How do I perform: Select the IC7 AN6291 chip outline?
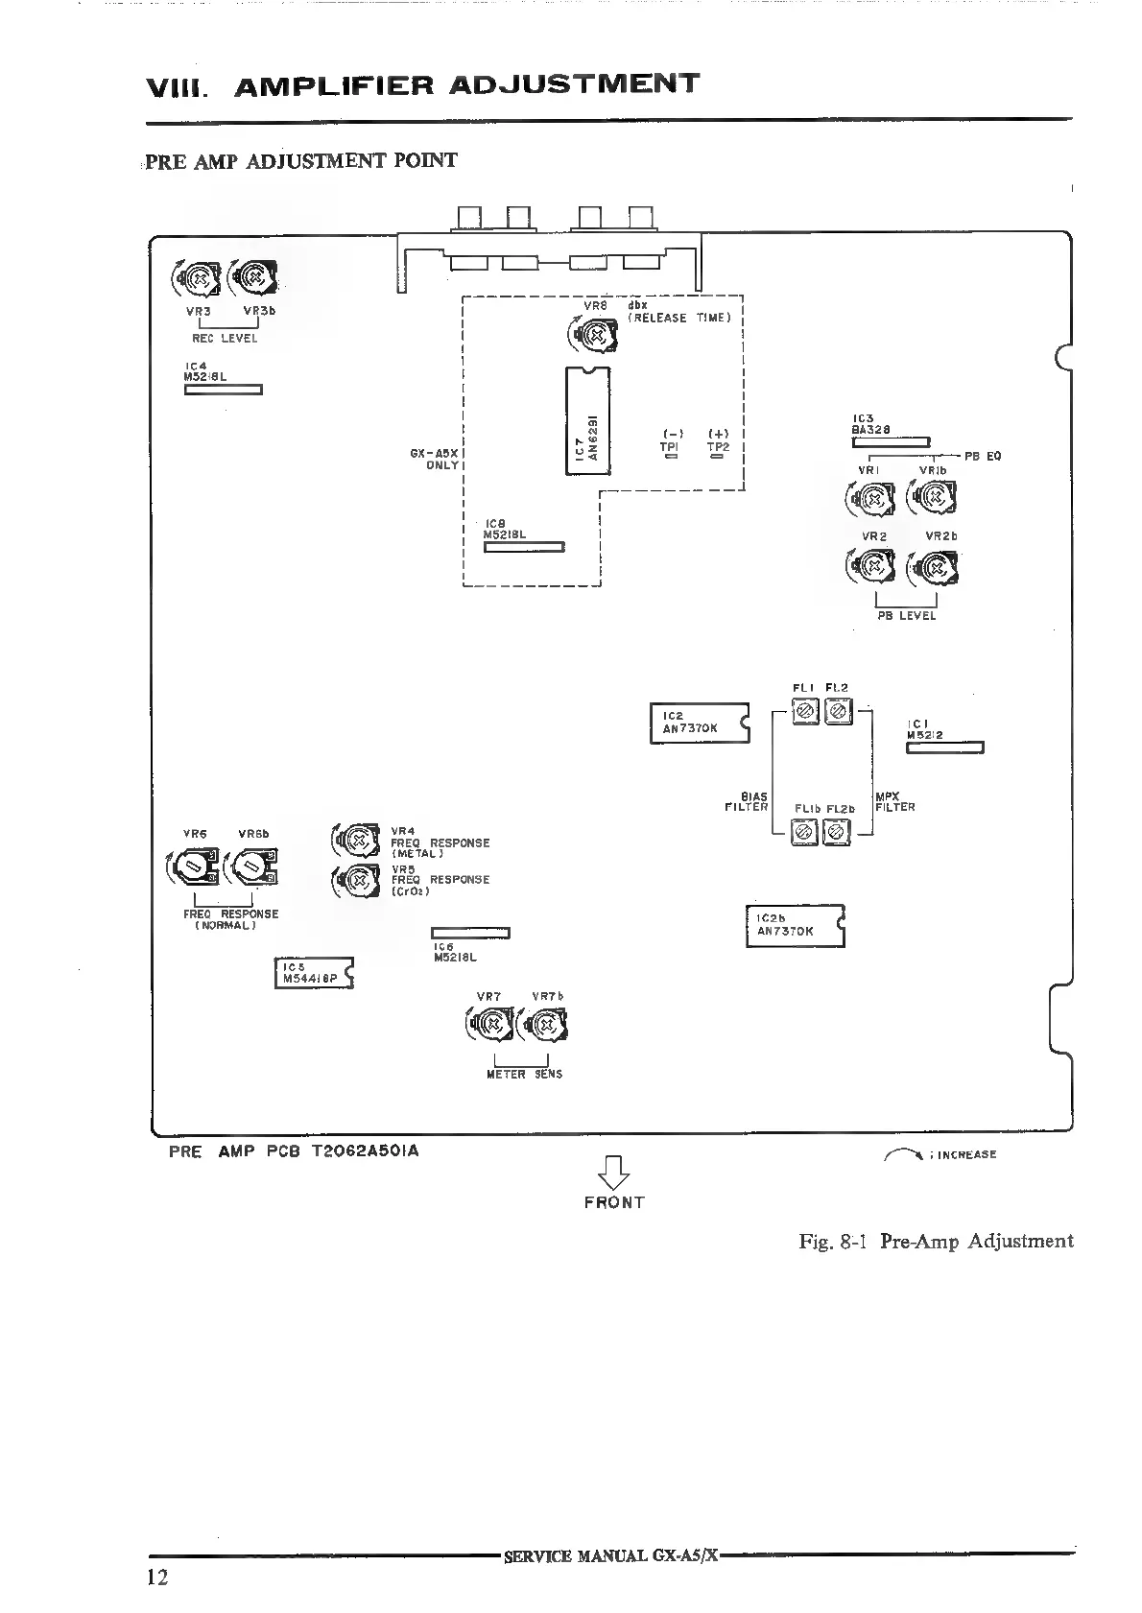[587, 421]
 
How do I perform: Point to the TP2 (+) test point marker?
[717, 457]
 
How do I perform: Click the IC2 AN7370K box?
[698, 723]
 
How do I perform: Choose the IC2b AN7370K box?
[794, 926]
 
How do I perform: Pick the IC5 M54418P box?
[314, 973]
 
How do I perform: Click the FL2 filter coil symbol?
[839, 712]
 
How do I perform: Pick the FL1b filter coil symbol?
[805, 832]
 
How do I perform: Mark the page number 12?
[157, 1577]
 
